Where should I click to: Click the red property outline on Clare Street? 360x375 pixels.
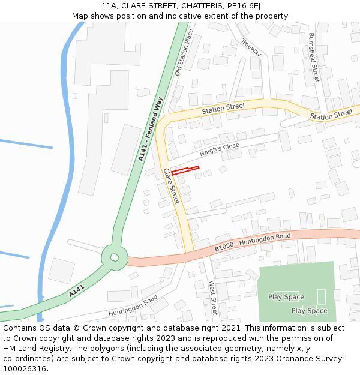tap(185, 170)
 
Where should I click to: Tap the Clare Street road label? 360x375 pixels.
tap(172, 186)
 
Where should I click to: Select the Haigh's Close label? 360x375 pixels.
tap(219, 149)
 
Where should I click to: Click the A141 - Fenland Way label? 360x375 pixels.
tap(151, 129)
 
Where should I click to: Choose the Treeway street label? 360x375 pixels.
tap(251, 47)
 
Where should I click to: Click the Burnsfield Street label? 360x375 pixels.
tap(313, 58)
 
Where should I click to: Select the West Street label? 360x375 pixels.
tap(212, 297)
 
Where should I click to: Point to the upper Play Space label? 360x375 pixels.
tap(286, 297)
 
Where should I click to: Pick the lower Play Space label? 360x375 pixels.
tap(310, 311)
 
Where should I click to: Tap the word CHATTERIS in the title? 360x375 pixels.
tap(195, 5)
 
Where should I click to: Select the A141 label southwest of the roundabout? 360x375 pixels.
tap(76, 292)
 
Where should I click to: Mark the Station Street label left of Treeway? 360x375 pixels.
tap(223, 109)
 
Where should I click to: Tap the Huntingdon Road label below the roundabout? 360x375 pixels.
tap(133, 306)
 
